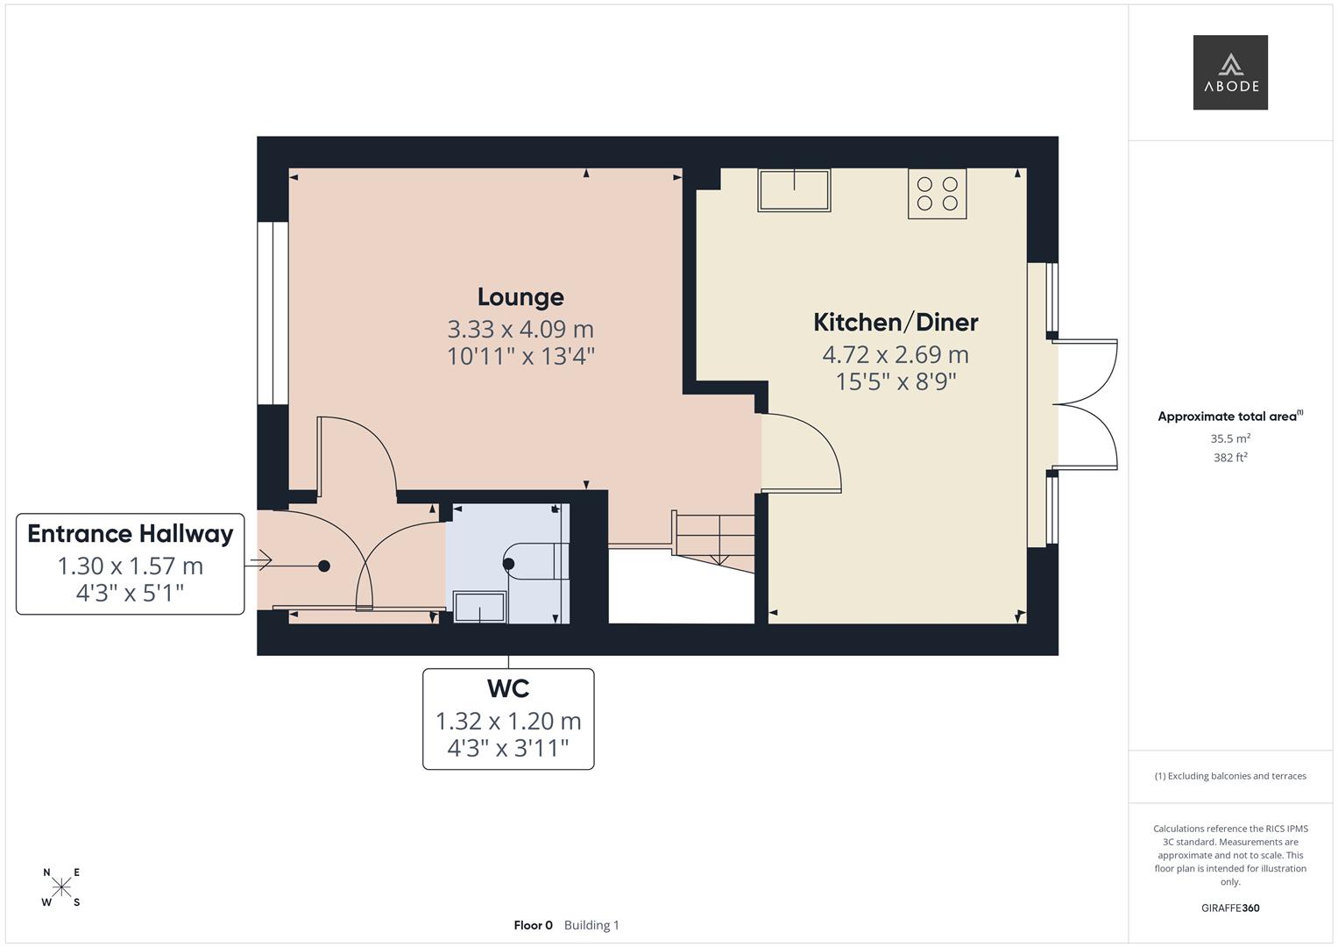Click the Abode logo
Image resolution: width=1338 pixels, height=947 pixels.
(x=1229, y=72)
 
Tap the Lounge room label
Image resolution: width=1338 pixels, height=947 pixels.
(x=520, y=297)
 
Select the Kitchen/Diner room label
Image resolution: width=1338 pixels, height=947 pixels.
(x=896, y=323)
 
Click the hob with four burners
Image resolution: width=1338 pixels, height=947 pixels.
(x=937, y=194)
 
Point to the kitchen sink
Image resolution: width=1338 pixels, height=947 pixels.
(x=794, y=190)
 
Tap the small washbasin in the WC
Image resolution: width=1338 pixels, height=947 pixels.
(x=479, y=608)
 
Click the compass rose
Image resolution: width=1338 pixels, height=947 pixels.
(x=61, y=887)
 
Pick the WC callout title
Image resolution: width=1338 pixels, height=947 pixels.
(x=508, y=689)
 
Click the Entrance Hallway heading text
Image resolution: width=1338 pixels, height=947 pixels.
(x=131, y=534)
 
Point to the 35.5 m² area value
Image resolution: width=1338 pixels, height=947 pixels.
(x=1230, y=438)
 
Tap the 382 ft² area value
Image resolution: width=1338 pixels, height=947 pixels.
(x=1230, y=458)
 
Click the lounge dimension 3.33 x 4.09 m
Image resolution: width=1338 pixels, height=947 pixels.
(x=520, y=330)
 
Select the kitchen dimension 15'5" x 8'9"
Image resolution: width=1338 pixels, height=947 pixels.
(x=896, y=382)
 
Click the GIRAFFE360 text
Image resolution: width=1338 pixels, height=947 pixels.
(x=1230, y=908)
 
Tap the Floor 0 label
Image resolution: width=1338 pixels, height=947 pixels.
(x=533, y=925)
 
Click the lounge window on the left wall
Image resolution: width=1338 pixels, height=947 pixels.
(x=273, y=313)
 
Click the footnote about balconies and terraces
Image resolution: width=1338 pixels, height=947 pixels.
(x=1230, y=776)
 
